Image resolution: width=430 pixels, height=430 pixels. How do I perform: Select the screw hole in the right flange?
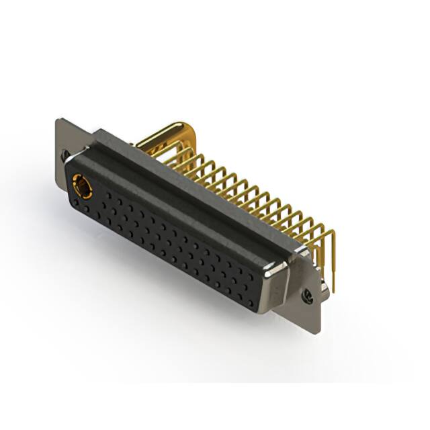[x=308, y=294]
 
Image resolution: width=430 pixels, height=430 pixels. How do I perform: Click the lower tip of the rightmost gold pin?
[x=332, y=290]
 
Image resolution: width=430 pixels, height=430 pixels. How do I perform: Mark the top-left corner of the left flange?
[x=58, y=120]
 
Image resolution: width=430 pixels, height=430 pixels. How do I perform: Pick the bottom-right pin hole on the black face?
[x=250, y=302]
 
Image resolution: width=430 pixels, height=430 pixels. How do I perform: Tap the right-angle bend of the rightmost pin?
[x=331, y=232]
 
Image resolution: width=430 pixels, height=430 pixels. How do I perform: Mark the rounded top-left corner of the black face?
[x=72, y=165]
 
